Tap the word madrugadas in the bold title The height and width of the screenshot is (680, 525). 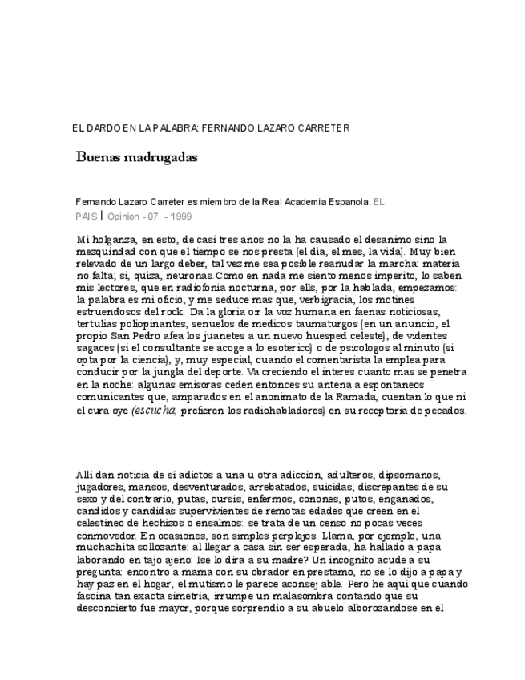(x=160, y=157)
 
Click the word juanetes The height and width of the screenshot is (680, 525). (x=211, y=331)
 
